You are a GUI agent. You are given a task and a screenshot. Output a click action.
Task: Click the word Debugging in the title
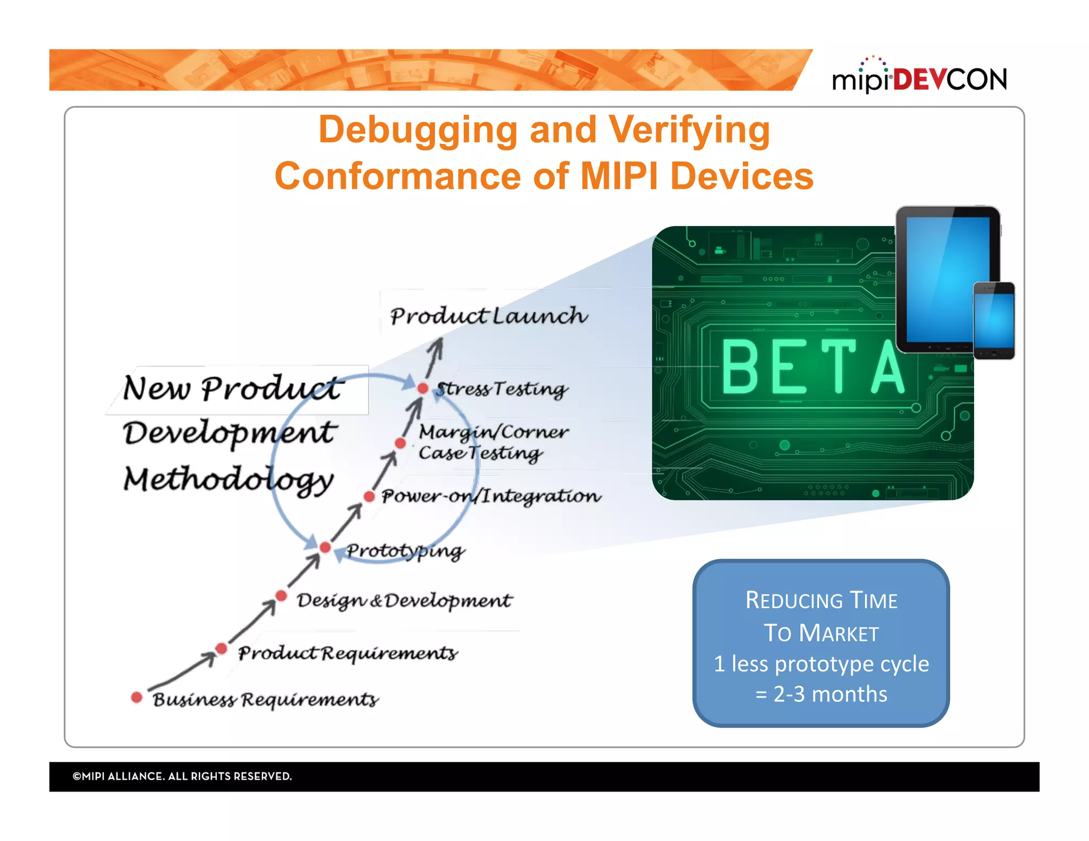418,130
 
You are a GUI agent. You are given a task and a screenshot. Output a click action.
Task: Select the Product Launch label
488,316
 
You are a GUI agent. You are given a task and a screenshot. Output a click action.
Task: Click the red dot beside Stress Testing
423,389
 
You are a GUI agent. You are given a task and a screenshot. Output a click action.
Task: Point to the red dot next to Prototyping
325,548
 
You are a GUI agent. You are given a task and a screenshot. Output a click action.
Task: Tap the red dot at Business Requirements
137,697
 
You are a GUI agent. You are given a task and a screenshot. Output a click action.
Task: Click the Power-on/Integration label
491,496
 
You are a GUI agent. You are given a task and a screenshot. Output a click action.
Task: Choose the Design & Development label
404,601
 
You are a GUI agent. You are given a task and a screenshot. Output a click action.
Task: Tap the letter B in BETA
740,367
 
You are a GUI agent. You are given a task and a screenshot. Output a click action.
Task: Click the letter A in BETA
887,367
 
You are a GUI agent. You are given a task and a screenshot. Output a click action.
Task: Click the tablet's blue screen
946,276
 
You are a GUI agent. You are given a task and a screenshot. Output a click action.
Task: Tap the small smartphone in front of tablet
994,321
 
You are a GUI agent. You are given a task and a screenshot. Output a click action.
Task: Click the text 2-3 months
830,694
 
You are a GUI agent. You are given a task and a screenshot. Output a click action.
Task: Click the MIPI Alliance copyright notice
182,776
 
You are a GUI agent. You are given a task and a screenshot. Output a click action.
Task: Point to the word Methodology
229,480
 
